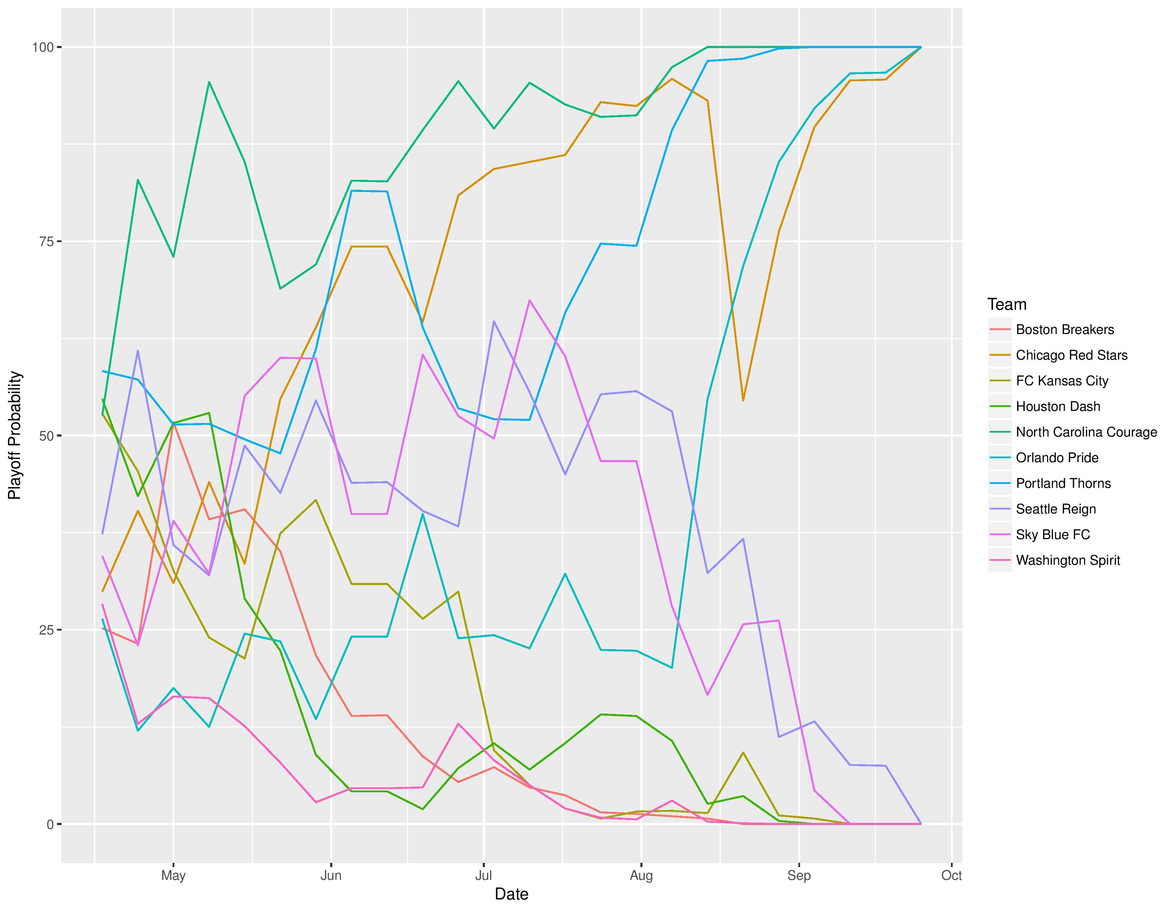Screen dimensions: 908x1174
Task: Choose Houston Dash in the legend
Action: [x=1057, y=407]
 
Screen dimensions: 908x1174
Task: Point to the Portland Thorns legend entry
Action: [x=1063, y=484]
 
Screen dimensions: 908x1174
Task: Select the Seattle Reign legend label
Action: [x=1055, y=509]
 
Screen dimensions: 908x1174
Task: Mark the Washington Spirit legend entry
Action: [x=1068, y=560]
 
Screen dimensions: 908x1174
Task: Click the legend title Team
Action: [x=1007, y=304]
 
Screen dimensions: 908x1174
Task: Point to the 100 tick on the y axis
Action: [x=43, y=47]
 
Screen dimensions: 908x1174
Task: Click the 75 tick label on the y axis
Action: [x=46, y=241]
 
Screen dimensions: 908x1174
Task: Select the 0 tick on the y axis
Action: [x=50, y=824]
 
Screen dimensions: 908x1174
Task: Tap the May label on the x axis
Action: [x=173, y=876]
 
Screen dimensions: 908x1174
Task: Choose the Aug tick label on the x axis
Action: [x=641, y=876]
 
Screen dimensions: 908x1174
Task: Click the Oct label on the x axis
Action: [x=951, y=876]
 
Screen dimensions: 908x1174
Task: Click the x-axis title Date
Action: [x=511, y=894]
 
